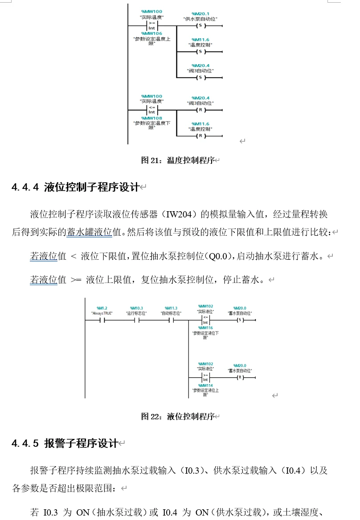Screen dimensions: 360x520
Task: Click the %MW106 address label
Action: click(151, 33)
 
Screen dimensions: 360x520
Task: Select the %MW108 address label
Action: click(151, 118)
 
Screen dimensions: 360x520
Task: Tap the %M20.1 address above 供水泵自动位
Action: click(200, 14)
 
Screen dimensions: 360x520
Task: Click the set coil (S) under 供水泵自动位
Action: click(200, 25)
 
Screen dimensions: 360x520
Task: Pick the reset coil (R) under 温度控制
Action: click(200, 135)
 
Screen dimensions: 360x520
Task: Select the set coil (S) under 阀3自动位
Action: click(200, 78)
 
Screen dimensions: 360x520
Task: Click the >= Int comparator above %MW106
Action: click(151, 25)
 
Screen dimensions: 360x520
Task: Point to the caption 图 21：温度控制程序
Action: click(178, 160)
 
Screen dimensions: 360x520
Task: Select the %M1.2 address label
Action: click(102, 308)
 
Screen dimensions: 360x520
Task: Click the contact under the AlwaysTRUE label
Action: click(102, 320)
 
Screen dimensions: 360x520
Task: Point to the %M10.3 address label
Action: click(136, 308)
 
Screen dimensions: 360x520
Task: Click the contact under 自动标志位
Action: click(171, 320)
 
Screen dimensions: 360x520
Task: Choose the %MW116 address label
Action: click(205, 328)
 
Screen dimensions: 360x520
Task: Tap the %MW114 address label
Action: click(205, 385)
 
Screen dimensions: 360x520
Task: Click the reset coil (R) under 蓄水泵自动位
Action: click(240, 377)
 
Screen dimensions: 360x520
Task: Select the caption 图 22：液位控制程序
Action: click(178, 417)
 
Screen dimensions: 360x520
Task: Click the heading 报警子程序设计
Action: click(81, 443)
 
